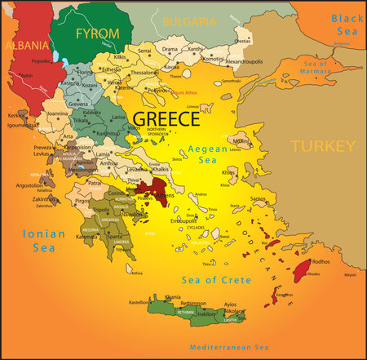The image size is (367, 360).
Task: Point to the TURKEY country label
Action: point(323,147)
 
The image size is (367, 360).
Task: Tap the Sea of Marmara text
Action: point(317,66)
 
